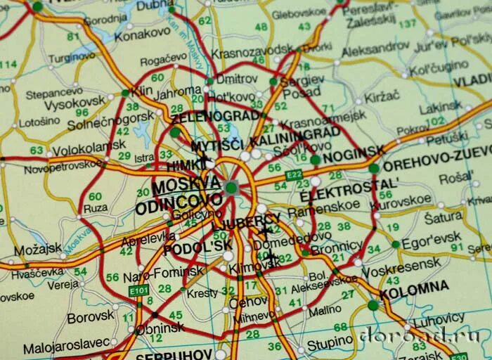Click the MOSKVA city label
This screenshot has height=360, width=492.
tap(186, 185)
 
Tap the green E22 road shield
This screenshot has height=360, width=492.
tap(294, 174)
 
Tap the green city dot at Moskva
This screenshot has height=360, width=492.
tap(231, 187)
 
